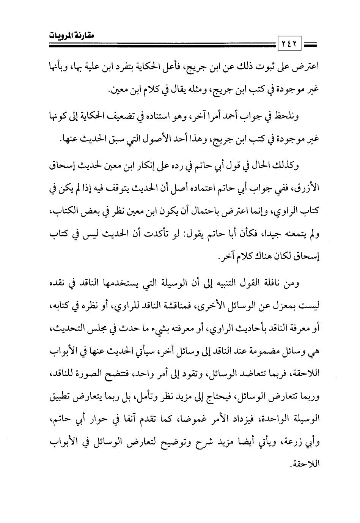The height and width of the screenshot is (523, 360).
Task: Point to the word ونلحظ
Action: tap(288, 116)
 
